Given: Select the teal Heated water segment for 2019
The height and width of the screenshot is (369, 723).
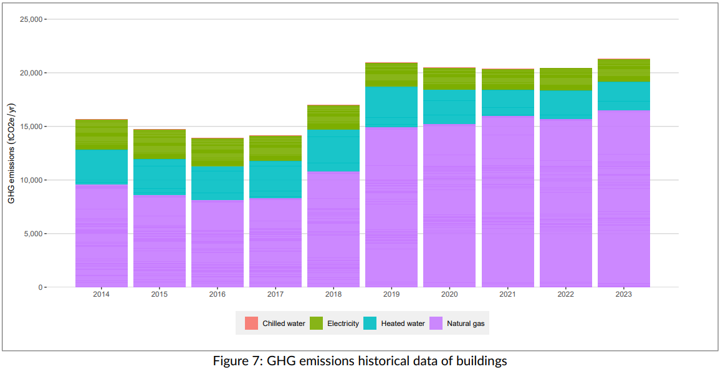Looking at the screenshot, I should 391,107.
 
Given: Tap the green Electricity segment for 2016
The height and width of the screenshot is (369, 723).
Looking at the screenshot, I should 218,152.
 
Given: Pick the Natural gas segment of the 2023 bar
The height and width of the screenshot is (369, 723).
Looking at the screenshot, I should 624,199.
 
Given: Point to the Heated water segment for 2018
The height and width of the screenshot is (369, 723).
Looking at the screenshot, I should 333,150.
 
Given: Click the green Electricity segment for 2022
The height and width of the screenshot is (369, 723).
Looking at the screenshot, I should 566,79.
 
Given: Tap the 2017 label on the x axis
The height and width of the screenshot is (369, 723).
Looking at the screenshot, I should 275,294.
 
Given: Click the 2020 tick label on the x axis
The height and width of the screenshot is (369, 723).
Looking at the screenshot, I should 449,294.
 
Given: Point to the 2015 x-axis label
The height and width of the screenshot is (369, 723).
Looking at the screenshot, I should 160,294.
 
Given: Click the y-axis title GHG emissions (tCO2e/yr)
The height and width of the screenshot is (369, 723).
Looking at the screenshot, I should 11,153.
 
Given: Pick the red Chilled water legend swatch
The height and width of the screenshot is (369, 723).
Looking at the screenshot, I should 251,323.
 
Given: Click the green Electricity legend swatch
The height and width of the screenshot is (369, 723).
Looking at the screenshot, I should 316,323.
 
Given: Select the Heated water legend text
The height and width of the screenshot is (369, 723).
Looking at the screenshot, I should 403,323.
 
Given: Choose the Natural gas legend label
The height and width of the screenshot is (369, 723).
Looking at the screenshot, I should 466,323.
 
